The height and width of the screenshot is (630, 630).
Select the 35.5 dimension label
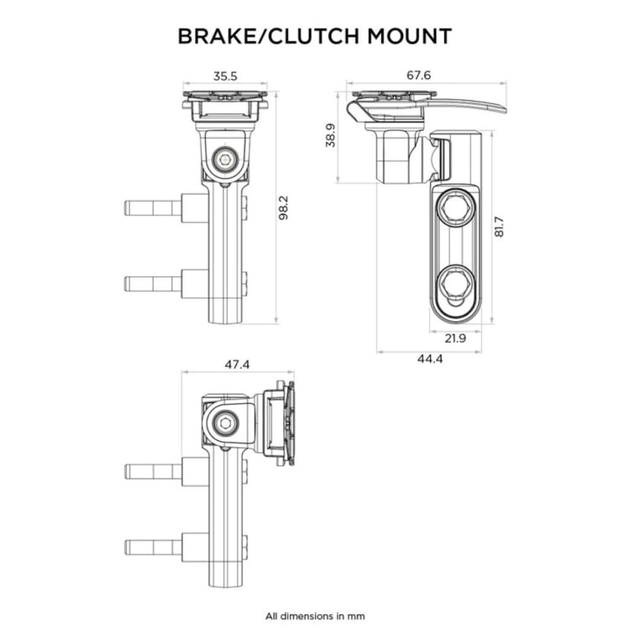point(225,76)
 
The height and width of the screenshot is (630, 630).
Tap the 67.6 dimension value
point(419,75)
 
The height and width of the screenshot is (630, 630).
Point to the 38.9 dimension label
point(330,136)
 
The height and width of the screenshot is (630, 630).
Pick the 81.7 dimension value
point(498,228)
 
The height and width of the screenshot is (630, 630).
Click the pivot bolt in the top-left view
point(225,158)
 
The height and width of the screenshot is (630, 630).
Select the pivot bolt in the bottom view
point(224,424)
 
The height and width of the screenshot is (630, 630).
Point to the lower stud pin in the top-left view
point(152,284)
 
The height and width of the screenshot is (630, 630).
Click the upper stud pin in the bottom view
point(152,471)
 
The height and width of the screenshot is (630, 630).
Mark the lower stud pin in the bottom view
point(152,548)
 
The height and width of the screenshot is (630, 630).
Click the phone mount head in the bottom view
point(279,423)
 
